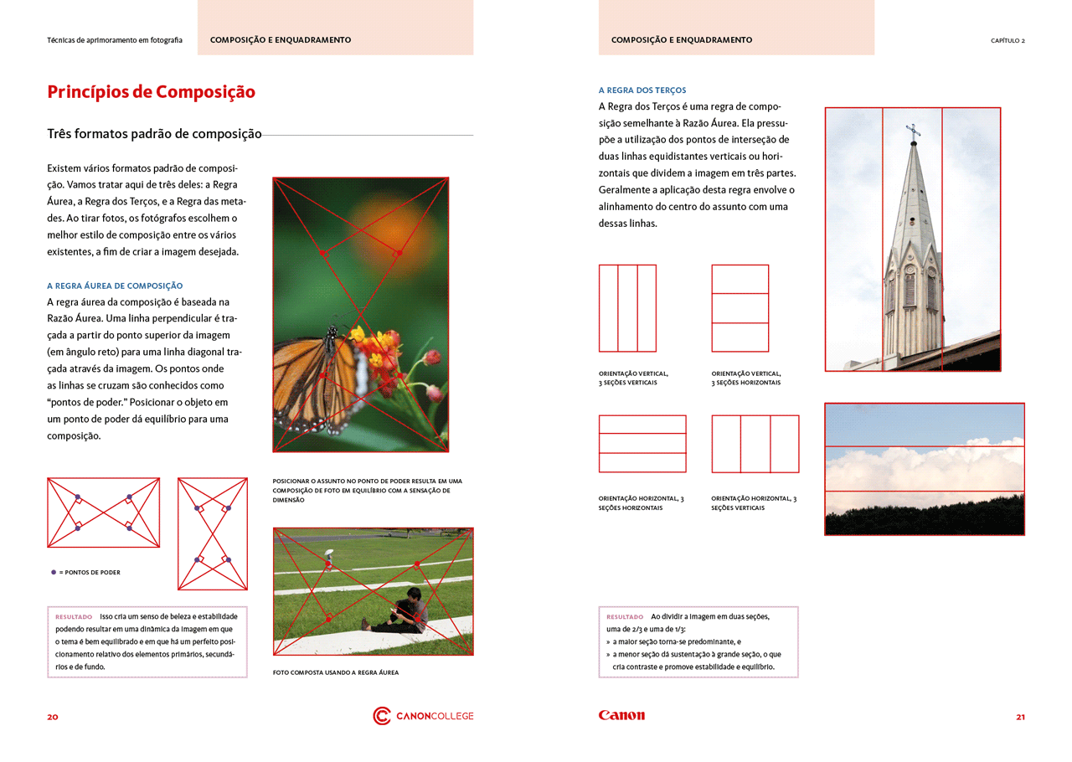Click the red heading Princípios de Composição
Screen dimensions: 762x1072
(151, 92)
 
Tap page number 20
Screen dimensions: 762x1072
(53, 717)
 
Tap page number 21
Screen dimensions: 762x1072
(1020, 717)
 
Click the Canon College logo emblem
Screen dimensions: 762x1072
(382, 716)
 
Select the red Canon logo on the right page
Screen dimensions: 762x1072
(621, 716)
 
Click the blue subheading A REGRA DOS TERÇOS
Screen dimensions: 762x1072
(642, 90)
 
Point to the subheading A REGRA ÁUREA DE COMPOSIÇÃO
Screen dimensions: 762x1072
(115, 286)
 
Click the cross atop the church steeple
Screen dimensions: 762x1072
(913, 131)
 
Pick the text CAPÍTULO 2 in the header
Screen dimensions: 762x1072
(1008, 40)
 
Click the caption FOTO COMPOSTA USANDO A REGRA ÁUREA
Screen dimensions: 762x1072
(335, 672)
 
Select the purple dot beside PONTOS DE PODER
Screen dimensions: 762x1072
(54, 572)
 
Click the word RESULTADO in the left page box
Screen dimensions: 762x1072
(74, 616)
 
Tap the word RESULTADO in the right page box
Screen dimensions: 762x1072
(625, 616)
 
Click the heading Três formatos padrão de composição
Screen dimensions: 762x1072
(155, 134)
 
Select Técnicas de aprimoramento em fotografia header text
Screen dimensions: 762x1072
(115, 40)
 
